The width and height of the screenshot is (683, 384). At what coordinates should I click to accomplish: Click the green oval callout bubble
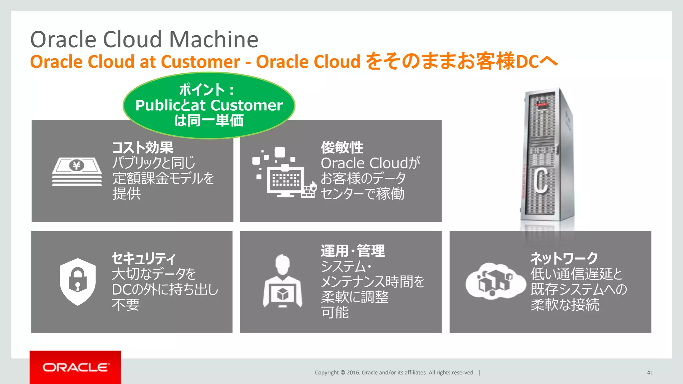pyautogui.click(x=209, y=105)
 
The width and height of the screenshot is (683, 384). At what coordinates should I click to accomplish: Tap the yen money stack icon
pyautogui.click(x=77, y=171)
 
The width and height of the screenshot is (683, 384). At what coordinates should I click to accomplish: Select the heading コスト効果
pyautogui.click(x=143, y=147)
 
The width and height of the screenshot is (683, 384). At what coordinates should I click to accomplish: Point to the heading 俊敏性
pyautogui.click(x=342, y=147)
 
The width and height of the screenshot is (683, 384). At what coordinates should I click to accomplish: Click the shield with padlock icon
pyautogui.click(x=78, y=282)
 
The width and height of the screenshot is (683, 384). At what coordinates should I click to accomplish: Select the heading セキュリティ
pyautogui.click(x=143, y=258)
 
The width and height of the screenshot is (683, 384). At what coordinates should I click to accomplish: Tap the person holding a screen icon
pyautogui.click(x=282, y=282)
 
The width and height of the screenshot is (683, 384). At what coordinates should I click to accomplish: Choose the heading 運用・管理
pyautogui.click(x=353, y=251)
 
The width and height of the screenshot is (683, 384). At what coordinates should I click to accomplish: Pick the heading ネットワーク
pyautogui.click(x=564, y=258)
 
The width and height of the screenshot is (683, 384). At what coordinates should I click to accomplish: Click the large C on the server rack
pyautogui.click(x=541, y=180)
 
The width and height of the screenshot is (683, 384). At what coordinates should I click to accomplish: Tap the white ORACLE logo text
pyautogui.click(x=76, y=367)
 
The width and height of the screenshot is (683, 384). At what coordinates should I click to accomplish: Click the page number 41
pyautogui.click(x=650, y=373)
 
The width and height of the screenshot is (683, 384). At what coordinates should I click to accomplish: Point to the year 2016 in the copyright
pyautogui.click(x=353, y=373)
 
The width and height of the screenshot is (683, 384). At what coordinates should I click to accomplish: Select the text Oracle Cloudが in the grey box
pyautogui.click(x=370, y=163)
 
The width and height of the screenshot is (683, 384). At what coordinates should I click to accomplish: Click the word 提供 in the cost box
pyautogui.click(x=126, y=194)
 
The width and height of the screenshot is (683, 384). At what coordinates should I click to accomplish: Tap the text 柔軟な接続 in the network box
pyautogui.click(x=565, y=304)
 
